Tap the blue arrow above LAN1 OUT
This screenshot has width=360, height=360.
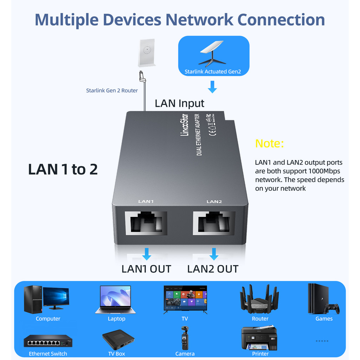[x=147, y=253]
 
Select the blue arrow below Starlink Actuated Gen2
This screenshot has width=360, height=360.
[x=212, y=86]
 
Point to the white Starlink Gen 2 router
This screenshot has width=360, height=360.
[x=147, y=53]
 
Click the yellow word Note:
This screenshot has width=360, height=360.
[x=269, y=143]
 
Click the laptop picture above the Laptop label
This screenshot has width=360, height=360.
[x=115, y=299]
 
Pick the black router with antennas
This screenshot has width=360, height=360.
[x=259, y=299]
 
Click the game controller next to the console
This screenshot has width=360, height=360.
[x=332, y=308]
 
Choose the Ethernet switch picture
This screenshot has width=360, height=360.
[x=48, y=341]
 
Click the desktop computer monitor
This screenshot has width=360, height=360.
[x=56, y=297]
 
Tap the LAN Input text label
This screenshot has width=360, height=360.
[x=179, y=103]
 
